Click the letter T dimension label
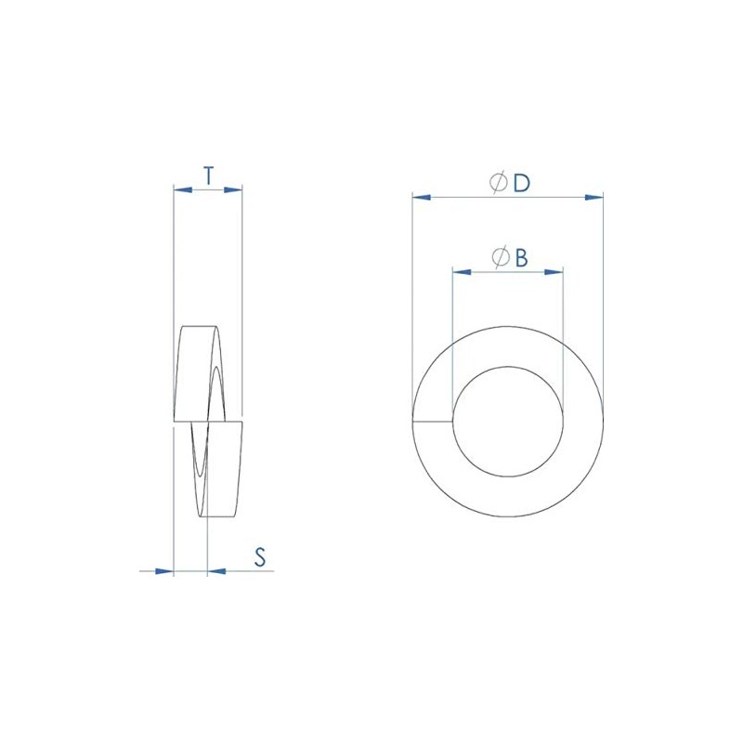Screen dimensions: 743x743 click(x=208, y=175)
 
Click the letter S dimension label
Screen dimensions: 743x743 click(x=261, y=557)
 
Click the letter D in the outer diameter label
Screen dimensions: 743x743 click(x=521, y=183)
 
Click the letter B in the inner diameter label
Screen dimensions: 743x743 click(x=521, y=257)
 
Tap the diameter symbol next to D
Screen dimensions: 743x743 click(x=498, y=183)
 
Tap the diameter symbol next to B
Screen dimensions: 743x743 click(x=500, y=257)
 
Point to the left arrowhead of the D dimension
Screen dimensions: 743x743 click(x=421, y=197)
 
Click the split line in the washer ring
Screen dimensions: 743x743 click(x=432, y=422)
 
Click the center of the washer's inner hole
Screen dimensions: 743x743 click(x=507, y=422)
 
